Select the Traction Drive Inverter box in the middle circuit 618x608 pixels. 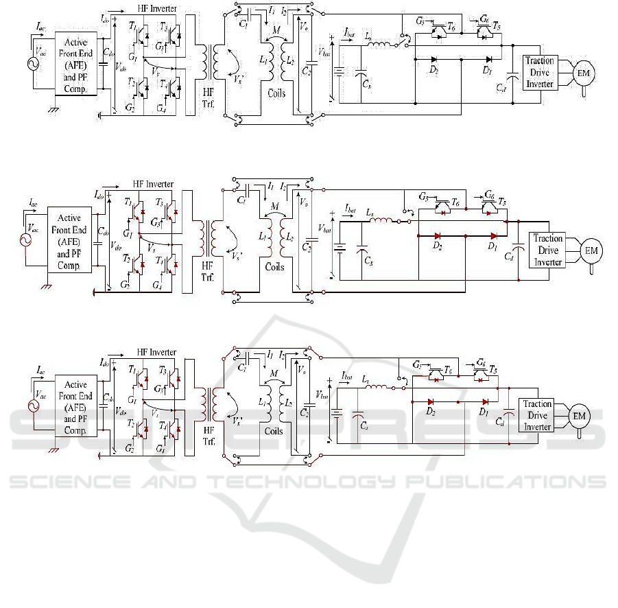548,250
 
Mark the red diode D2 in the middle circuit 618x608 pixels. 436,235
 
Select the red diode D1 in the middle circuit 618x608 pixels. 493,235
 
